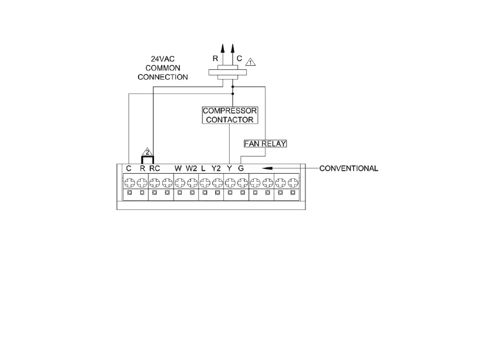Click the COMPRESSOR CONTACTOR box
coord(230,115)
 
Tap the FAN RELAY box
coord(265,143)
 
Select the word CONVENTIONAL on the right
coord(348,168)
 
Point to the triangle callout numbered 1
coord(250,61)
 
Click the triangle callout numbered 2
coord(148,152)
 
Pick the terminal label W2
coord(191,168)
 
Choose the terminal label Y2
coord(216,168)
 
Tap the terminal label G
coord(241,168)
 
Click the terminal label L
coord(204,168)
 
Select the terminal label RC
coord(154,168)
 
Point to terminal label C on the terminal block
coord(129,168)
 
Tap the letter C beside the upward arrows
coord(239,58)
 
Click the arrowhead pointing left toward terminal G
coord(267,168)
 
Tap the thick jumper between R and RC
coord(148,157)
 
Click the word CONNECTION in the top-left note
coord(167,77)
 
